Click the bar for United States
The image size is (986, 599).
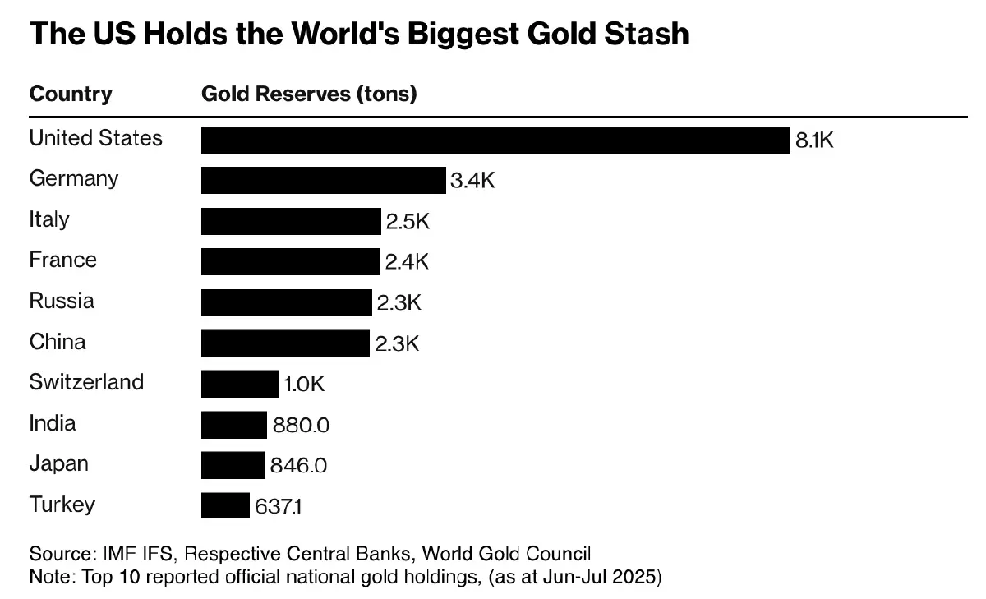pos(495,140)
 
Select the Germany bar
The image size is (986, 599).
pos(323,180)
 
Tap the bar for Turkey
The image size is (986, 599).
pos(225,505)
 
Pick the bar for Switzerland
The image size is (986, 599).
pos(240,384)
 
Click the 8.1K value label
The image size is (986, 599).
pos(814,141)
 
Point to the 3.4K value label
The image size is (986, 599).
pos(472,181)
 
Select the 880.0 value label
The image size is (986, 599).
pos(301,426)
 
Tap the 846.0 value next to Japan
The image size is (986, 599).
pos(299,466)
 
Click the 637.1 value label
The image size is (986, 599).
pos(279,507)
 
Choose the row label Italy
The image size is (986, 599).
pos(49,219)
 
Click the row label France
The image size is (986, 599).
pos(63,260)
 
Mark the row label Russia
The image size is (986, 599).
pos(62,301)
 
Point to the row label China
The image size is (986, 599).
pos(58,341)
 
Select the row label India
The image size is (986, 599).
pos(53,423)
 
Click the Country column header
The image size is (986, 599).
pos(71,94)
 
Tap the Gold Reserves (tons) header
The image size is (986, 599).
pos(309,94)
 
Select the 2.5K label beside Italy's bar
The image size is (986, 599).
pos(408,222)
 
